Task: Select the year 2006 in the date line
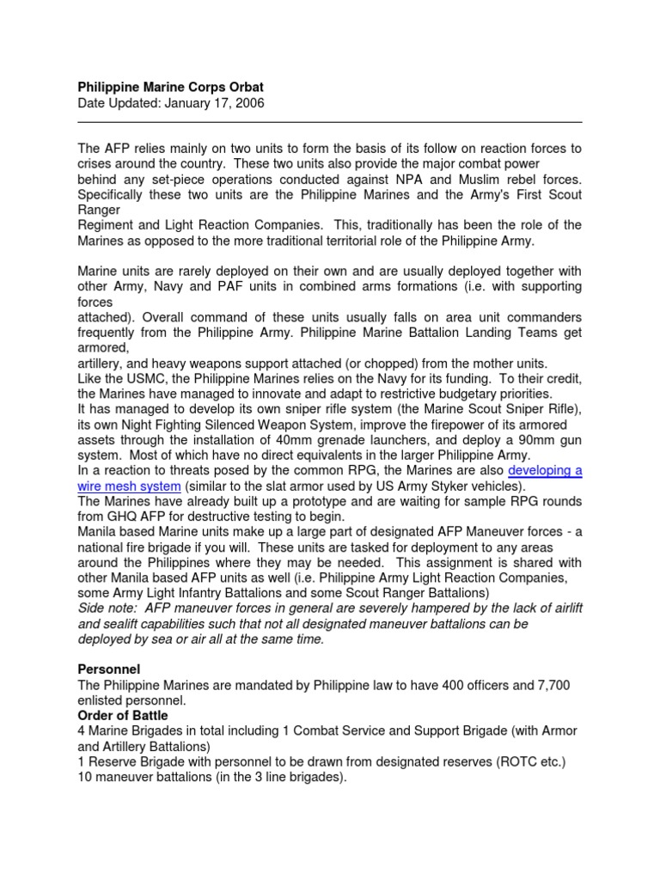[247, 103]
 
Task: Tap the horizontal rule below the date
[330, 122]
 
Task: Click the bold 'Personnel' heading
[109, 668]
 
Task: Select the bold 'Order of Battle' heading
[123, 715]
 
